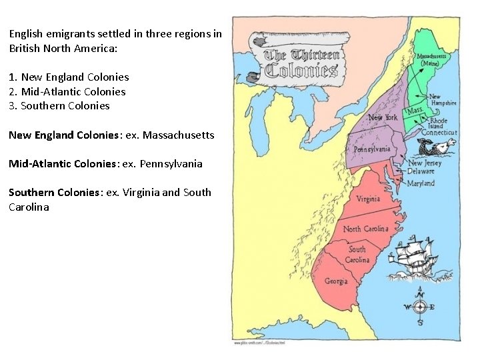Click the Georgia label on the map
(x=336, y=281)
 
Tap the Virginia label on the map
(x=368, y=199)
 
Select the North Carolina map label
(x=365, y=229)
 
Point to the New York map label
(x=383, y=117)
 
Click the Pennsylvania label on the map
(x=372, y=149)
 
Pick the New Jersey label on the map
(x=425, y=163)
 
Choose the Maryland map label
(x=421, y=183)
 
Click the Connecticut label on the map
(x=439, y=133)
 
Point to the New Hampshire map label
(x=443, y=100)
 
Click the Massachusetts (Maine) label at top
(x=431, y=61)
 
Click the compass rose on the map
(x=419, y=307)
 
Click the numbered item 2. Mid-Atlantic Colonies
(x=67, y=91)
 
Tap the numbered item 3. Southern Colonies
(x=59, y=105)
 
